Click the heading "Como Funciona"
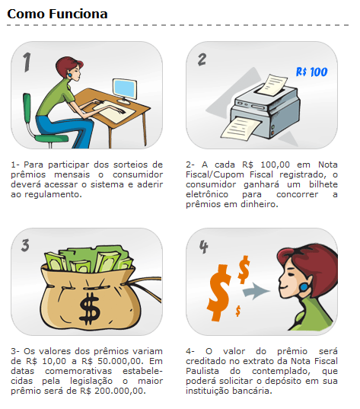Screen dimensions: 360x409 (57, 14)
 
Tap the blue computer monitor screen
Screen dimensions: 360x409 (125, 88)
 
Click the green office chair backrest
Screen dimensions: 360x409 (27, 107)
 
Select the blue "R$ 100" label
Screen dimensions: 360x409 (312, 72)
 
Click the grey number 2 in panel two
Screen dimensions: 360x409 (202, 59)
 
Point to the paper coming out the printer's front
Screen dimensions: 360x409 (241, 128)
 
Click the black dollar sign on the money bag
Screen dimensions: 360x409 (89, 308)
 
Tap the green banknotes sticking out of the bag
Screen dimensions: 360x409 (88, 259)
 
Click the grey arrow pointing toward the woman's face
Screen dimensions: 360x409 (256, 290)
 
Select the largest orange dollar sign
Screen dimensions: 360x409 (219, 292)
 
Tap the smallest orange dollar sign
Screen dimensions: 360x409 (237, 311)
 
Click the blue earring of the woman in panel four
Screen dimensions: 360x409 (304, 287)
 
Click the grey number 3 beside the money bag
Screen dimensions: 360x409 (25, 245)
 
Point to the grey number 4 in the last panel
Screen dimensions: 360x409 (203, 247)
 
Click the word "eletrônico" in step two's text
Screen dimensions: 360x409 (207, 194)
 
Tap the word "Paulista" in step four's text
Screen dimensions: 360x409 (202, 371)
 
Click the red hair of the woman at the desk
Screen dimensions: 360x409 (68, 65)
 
